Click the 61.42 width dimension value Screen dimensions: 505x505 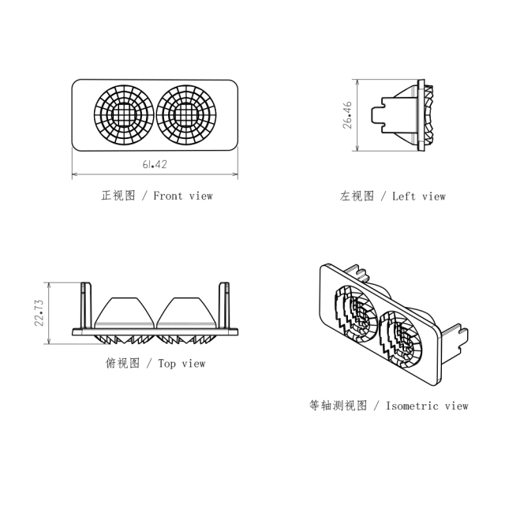click(155, 164)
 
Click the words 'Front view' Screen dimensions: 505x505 click(183, 195)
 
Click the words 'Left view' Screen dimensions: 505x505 click(419, 196)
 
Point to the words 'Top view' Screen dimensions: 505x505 click(182, 364)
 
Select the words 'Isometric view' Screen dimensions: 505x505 click(427, 406)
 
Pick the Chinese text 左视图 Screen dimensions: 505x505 click(357, 196)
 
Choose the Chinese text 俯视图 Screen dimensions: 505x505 click(122, 364)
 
